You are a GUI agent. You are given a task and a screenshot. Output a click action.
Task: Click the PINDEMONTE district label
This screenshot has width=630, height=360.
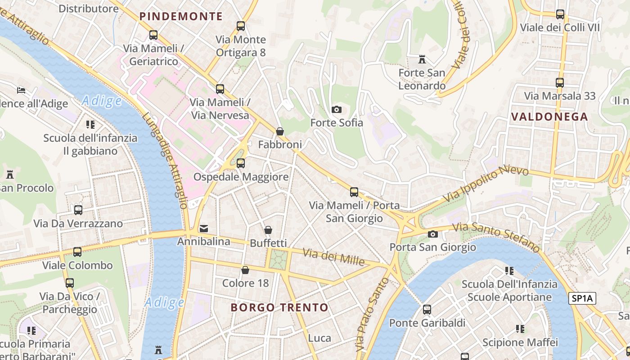tap(181, 17)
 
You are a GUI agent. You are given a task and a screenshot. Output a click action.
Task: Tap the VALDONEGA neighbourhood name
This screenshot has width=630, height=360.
tap(549, 117)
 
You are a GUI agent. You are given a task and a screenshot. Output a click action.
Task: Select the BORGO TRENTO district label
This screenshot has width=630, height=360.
tap(279, 308)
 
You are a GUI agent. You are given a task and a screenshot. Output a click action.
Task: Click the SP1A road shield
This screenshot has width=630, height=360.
tap(582, 298)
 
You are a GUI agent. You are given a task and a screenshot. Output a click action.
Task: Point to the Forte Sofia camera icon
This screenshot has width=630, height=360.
tap(336, 109)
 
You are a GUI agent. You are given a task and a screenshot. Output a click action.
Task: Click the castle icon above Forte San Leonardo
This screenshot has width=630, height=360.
tap(422, 59)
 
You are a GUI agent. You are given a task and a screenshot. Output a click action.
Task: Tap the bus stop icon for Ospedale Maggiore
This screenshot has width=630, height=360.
tap(241, 163)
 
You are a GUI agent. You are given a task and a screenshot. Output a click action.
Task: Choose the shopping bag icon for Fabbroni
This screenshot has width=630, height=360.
tap(280, 131)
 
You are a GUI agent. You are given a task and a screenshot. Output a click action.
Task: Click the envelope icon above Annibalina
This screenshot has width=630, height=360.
tap(204, 228)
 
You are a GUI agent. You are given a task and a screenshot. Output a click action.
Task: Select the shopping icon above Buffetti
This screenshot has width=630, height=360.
tap(268, 230)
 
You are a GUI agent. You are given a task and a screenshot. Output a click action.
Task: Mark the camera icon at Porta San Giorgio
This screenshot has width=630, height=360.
tap(432, 234)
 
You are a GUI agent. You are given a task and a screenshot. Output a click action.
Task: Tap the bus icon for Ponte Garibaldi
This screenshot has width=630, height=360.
tap(427, 310)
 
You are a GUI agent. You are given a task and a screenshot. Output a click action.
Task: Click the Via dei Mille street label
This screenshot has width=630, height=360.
tap(333, 256)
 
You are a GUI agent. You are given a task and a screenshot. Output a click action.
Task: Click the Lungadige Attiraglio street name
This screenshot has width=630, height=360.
tap(165, 160)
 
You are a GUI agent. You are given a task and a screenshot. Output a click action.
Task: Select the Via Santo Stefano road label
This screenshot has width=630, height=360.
tap(496, 237)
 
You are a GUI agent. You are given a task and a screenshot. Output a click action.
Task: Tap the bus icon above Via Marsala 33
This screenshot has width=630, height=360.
tap(560, 83)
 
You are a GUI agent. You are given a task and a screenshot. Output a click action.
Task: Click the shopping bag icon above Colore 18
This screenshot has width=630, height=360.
tap(245, 270)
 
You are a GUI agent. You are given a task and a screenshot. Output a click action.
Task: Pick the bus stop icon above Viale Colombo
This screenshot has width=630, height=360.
tap(77, 252)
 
